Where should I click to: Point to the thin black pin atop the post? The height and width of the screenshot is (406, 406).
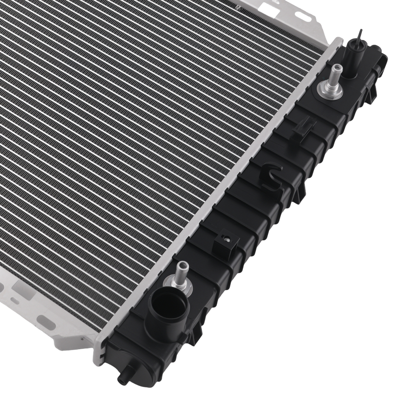point(360,36)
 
